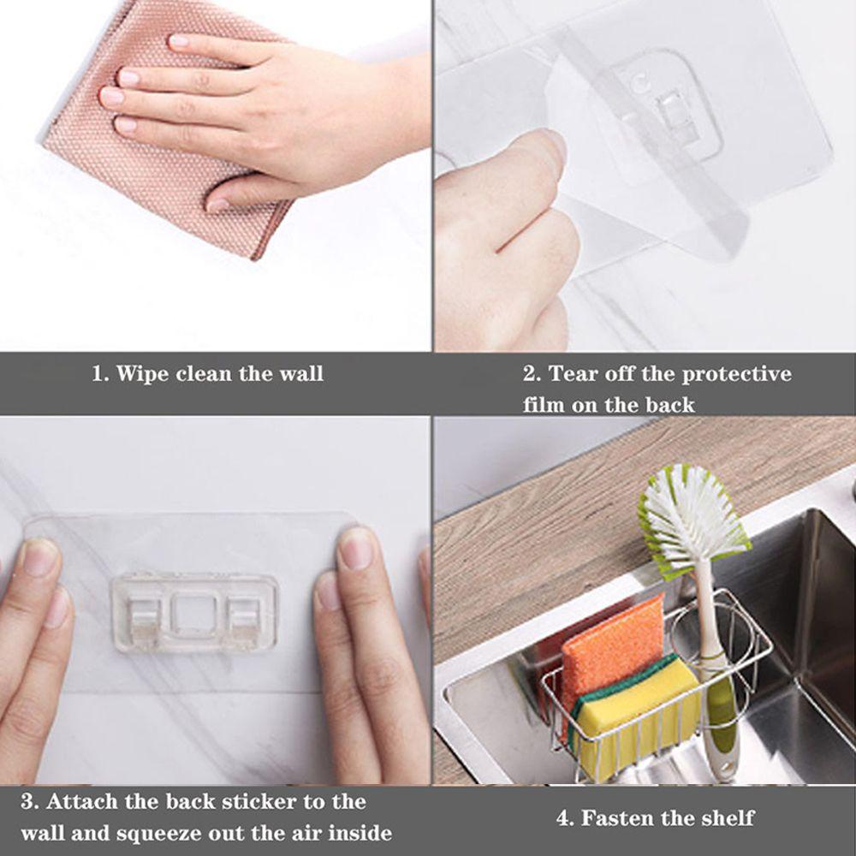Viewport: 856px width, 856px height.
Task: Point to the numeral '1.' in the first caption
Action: [100, 374]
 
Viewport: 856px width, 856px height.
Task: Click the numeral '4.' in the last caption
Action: [565, 817]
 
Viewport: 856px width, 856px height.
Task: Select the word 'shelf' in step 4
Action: [727, 817]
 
